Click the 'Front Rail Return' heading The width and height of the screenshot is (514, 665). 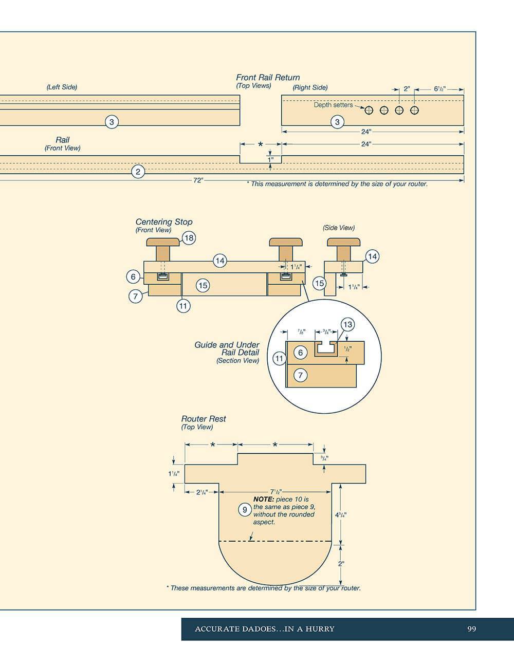268,78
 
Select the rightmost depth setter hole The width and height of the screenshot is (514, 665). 414,110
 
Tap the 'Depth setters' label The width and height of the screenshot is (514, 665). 333,105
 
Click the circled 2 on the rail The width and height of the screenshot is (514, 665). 138,172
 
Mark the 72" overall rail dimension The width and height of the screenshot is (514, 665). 198,180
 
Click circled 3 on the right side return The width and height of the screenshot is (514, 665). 337,122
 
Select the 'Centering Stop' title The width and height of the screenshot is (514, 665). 163,222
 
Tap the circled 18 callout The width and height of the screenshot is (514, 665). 189,238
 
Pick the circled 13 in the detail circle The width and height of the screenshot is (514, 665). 347,324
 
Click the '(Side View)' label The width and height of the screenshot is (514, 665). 339,228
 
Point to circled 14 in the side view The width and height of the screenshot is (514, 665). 372,256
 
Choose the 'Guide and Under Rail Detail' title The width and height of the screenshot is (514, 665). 227,348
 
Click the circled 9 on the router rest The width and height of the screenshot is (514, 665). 245,510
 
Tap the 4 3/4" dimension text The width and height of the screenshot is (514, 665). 341,514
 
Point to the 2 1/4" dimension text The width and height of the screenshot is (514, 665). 201,492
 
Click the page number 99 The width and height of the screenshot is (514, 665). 471,629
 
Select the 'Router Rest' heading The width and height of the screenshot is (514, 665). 204,419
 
